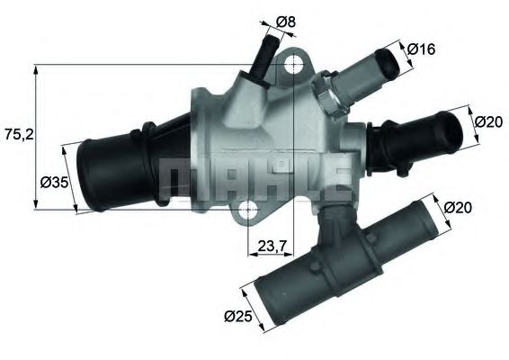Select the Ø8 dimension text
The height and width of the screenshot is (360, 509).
point(285,20)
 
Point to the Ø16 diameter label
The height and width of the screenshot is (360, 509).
point(420,49)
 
